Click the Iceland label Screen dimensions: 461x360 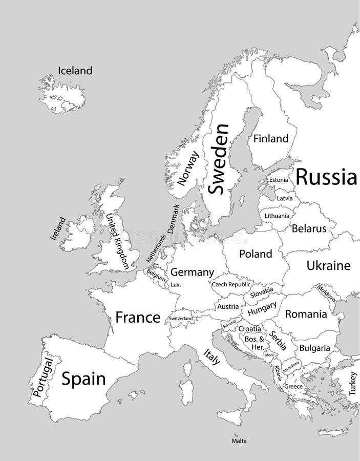point(75,71)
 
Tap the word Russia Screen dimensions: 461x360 point(326,177)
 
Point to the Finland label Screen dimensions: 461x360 point(271,138)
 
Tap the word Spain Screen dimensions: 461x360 point(83,379)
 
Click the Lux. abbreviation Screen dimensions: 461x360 point(176,284)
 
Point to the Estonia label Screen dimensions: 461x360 point(278,180)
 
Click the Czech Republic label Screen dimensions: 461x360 point(231,284)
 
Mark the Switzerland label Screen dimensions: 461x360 point(181,319)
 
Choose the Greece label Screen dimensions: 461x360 point(293,386)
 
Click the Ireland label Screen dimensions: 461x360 point(58,228)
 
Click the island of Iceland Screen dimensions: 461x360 point(61,95)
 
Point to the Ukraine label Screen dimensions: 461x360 point(328,265)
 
